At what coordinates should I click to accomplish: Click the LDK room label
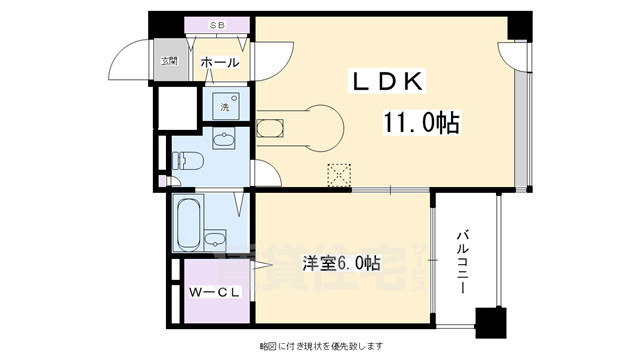pyautogui.click(x=389, y=79)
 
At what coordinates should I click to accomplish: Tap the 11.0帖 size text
pyautogui.click(x=419, y=123)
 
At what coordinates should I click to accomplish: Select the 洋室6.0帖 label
pyautogui.click(x=341, y=263)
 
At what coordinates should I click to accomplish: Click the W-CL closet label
pyautogui.click(x=212, y=293)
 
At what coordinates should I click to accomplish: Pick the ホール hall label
pyautogui.click(x=219, y=63)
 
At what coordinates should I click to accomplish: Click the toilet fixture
pyautogui.click(x=187, y=160)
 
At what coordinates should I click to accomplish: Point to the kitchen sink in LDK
pyautogui.click(x=271, y=127)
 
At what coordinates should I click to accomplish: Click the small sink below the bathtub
pyautogui.click(x=214, y=239)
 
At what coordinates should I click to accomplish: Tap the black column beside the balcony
pyautogui.click(x=488, y=324)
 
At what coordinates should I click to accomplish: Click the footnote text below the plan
pyautogui.click(x=320, y=346)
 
